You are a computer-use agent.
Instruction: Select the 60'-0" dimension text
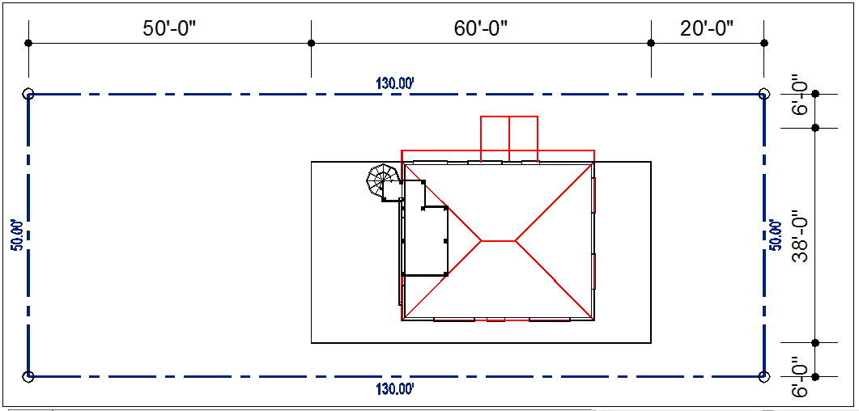[482, 28]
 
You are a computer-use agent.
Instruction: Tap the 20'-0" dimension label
[707, 28]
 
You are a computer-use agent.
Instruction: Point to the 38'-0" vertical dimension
[801, 235]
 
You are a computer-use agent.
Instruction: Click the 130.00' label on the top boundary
[394, 83]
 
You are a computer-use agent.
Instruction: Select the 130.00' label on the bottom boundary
[394, 389]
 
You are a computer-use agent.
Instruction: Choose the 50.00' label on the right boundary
[775, 235]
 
